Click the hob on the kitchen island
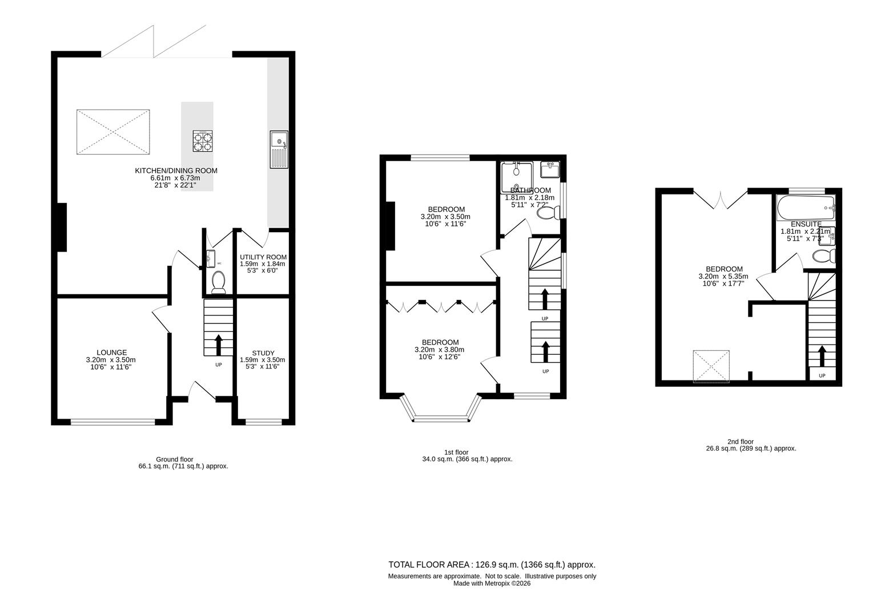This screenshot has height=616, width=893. (x=203, y=141)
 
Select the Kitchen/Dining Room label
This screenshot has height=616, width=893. (x=176, y=171)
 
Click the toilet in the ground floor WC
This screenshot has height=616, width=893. (x=218, y=282)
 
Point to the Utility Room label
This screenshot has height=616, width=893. (x=263, y=257)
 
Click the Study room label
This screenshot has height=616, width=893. (x=263, y=353)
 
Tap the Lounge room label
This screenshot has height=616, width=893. (x=111, y=352)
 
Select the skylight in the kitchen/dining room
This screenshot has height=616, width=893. (x=113, y=132)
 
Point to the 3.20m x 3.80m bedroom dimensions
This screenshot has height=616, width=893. (x=439, y=350)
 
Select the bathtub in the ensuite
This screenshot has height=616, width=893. (x=805, y=208)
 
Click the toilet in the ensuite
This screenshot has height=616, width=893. (x=824, y=256)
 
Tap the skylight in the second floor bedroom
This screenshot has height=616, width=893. (x=711, y=366)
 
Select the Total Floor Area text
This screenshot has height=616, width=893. (x=492, y=565)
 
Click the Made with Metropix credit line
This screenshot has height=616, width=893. (x=492, y=583)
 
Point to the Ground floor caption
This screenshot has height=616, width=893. (x=174, y=459)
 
